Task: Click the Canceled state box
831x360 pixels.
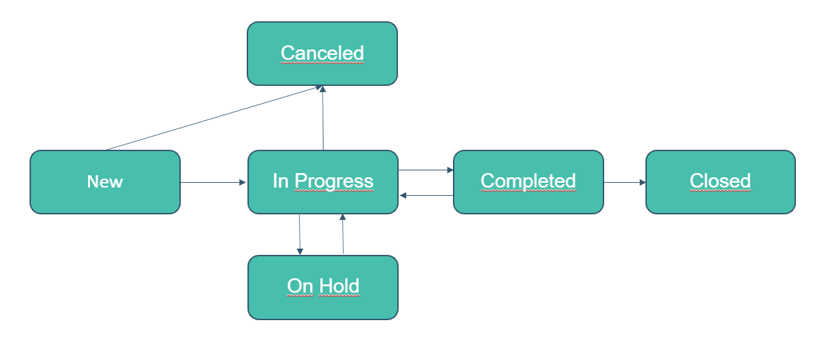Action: pyautogui.click(x=322, y=54)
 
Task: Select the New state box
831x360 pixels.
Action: pyautogui.click(x=105, y=182)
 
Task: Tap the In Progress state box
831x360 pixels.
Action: pyautogui.click(x=323, y=182)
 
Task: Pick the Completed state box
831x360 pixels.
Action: pyautogui.click(x=529, y=182)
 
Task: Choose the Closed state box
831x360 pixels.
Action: pyautogui.click(x=720, y=182)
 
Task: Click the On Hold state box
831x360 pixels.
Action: pyautogui.click(x=323, y=287)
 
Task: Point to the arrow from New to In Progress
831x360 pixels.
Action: pyautogui.click(x=213, y=183)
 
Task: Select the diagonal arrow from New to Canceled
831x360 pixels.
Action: pyautogui.click(x=214, y=118)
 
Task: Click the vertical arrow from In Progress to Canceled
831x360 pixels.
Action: pyautogui.click(x=323, y=118)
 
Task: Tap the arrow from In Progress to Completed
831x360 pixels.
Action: pyautogui.click(x=426, y=170)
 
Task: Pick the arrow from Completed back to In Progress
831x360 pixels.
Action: pyautogui.click(x=426, y=195)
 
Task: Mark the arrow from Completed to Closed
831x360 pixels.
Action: pyautogui.click(x=625, y=183)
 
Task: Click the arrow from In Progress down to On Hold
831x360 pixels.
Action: pyautogui.click(x=300, y=235)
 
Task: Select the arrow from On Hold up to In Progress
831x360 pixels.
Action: pyautogui.click(x=343, y=234)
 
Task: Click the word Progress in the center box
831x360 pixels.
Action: pyautogui.click(x=334, y=181)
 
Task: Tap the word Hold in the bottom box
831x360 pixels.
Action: pyautogui.click(x=339, y=286)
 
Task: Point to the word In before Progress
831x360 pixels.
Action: pyautogui.click(x=280, y=181)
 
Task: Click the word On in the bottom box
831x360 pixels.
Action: pyautogui.click(x=300, y=286)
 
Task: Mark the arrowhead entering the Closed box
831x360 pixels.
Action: pyautogui.click(x=643, y=183)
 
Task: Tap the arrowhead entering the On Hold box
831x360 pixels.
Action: pyautogui.click(x=300, y=252)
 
